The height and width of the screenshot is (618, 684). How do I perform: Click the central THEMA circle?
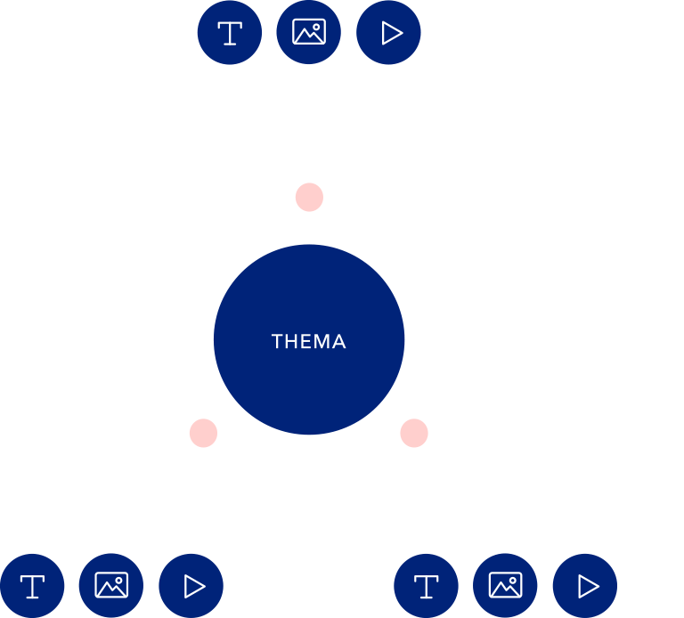[309, 339]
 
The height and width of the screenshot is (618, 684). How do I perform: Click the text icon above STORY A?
[230, 33]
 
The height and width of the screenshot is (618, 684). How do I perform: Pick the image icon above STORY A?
[309, 33]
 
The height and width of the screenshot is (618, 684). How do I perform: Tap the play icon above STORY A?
[388, 33]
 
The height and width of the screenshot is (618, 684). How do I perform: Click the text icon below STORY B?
[426, 586]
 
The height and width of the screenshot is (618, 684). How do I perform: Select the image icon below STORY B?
[505, 586]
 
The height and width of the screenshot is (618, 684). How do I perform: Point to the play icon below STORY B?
[584, 586]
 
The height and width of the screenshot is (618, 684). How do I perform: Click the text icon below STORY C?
[32, 586]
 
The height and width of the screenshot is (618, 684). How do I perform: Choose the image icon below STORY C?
[111, 586]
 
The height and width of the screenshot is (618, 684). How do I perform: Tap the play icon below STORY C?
[191, 586]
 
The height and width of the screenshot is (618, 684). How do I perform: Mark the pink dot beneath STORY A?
[309, 197]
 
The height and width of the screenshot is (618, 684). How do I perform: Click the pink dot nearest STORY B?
[414, 434]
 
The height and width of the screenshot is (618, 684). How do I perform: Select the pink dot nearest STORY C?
[203, 434]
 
